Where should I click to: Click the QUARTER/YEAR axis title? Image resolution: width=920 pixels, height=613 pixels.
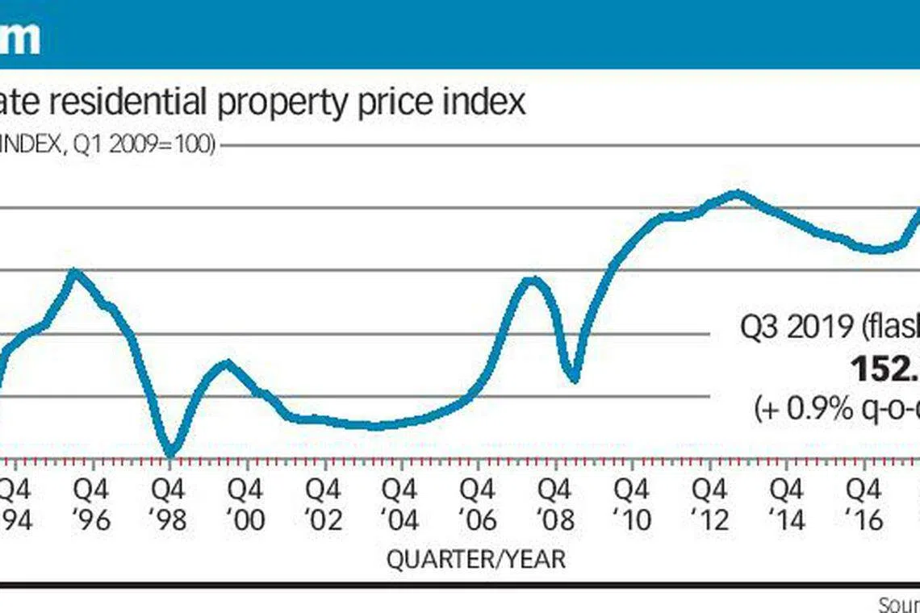tap(476, 559)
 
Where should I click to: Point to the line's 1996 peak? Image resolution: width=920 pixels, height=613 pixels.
tap(75, 272)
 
